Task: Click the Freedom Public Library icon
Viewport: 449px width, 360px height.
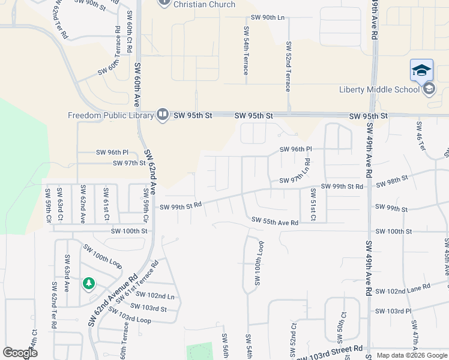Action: click(162, 115)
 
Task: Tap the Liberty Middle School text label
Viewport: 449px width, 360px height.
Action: click(379, 90)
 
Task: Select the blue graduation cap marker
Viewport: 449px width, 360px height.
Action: click(421, 70)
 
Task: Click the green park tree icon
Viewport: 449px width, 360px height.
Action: click(89, 283)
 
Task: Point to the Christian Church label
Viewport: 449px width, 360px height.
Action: click(205, 4)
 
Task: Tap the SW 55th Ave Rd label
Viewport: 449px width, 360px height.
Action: click(275, 223)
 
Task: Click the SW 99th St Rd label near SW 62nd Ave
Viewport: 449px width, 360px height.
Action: click(180, 208)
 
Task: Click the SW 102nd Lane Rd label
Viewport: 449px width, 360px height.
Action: click(403, 289)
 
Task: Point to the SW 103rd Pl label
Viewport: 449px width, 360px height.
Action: click(393, 311)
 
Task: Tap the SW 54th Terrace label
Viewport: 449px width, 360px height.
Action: click(246, 50)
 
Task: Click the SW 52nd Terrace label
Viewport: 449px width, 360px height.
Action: click(289, 66)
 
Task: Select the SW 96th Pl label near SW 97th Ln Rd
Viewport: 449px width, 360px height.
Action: click(296, 149)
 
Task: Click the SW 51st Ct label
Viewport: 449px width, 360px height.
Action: click(313, 205)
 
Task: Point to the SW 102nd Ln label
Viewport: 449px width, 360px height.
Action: click(155, 295)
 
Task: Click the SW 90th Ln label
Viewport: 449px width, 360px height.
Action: click(268, 17)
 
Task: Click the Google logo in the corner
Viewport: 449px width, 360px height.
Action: click(20, 353)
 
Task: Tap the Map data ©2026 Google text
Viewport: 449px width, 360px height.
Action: click(412, 355)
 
